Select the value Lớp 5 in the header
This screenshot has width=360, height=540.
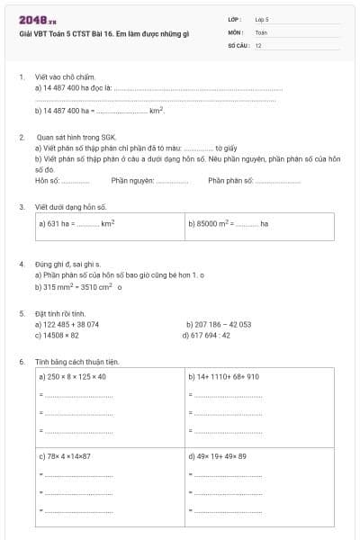point(262,19)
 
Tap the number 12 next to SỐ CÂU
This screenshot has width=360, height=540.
point(258,45)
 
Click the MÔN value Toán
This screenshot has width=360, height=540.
point(261,31)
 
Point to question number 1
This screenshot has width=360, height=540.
point(21,77)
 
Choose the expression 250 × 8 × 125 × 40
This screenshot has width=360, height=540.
point(73,377)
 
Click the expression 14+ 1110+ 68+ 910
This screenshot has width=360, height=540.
point(224,377)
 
